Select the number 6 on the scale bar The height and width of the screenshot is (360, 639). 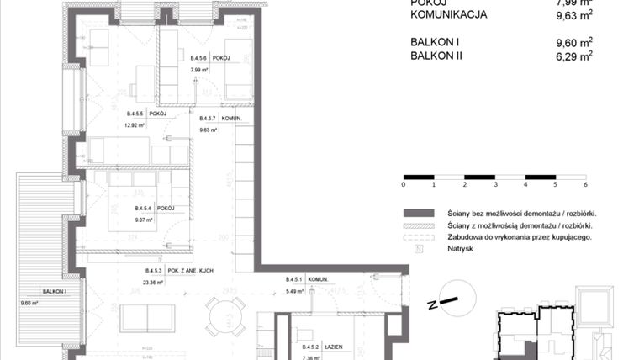point(584,184)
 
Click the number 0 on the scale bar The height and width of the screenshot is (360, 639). point(404,184)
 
